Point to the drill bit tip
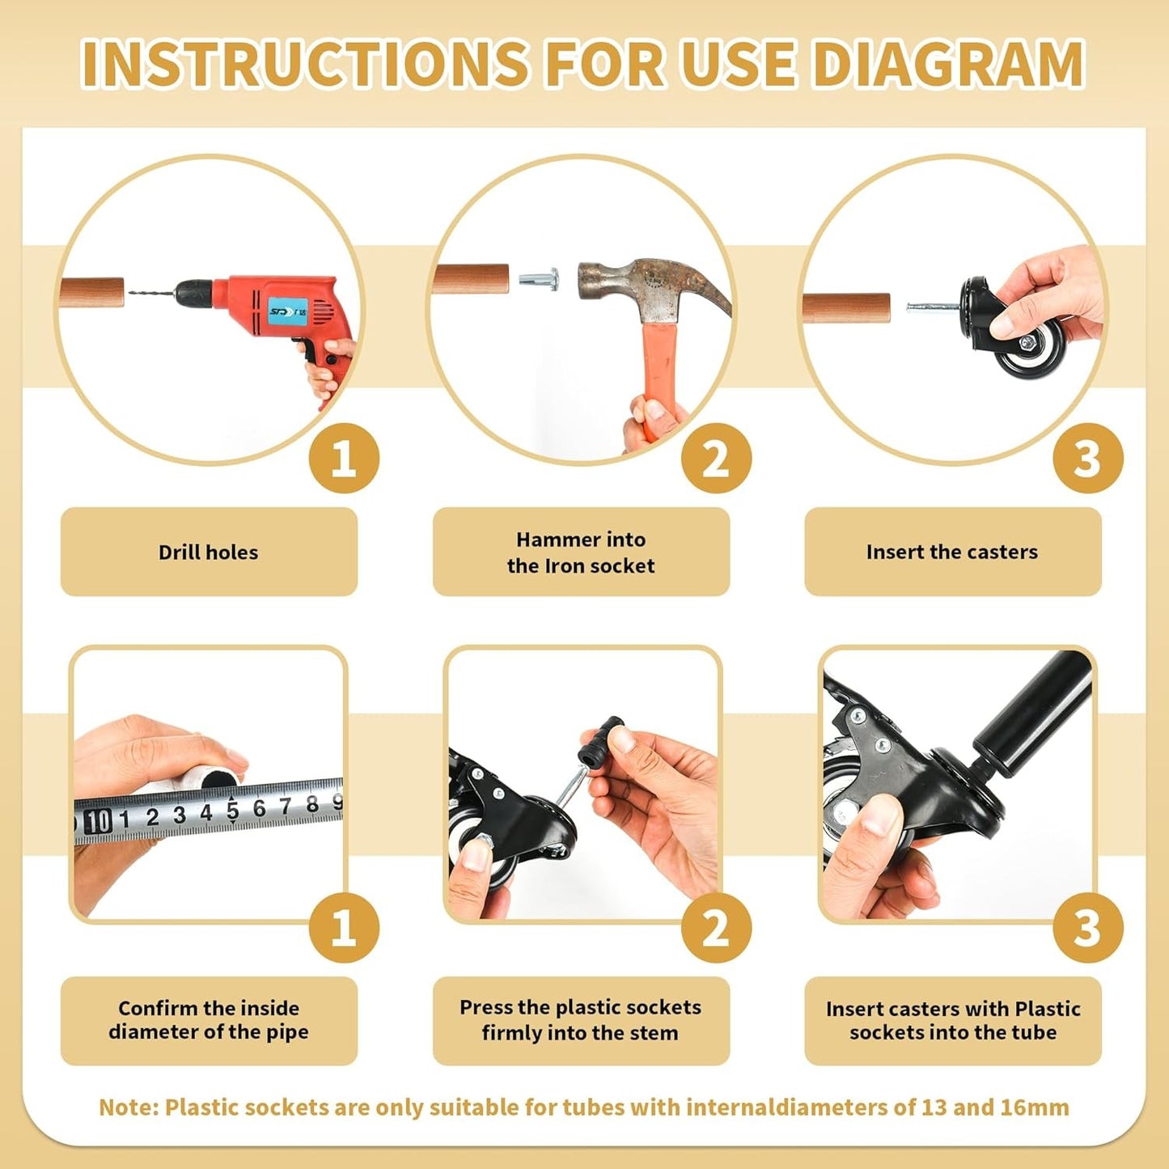(x=129, y=292)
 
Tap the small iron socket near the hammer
(x=539, y=280)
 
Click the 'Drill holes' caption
(x=208, y=553)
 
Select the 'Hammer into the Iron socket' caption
(x=581, y=553)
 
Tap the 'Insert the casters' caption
(x=952, y=552)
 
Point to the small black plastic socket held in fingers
(x=600, y=739)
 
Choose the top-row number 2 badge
(x=716, y=458)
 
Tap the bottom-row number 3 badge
(x=1088, y=928)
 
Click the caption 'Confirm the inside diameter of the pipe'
(x=209, y=1020)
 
